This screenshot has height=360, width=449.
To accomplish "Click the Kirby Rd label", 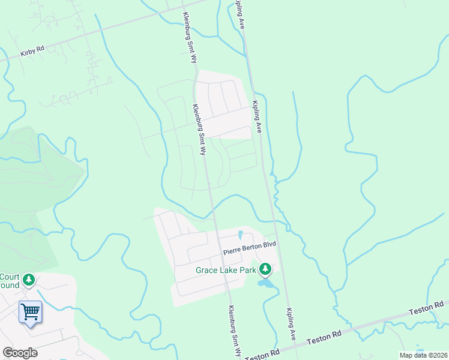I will (32, 52).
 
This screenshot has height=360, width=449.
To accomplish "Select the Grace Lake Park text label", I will (226, 270).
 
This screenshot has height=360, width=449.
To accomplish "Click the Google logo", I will (20, 353).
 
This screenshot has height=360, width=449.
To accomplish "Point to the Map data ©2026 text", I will (423, 355).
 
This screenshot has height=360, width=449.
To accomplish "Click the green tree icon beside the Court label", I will (28, 280).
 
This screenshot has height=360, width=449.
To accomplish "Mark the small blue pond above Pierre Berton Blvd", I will (241, 235).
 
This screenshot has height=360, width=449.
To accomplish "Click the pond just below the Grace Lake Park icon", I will (266, 283).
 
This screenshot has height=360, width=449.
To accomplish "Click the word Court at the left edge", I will (9, 277).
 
